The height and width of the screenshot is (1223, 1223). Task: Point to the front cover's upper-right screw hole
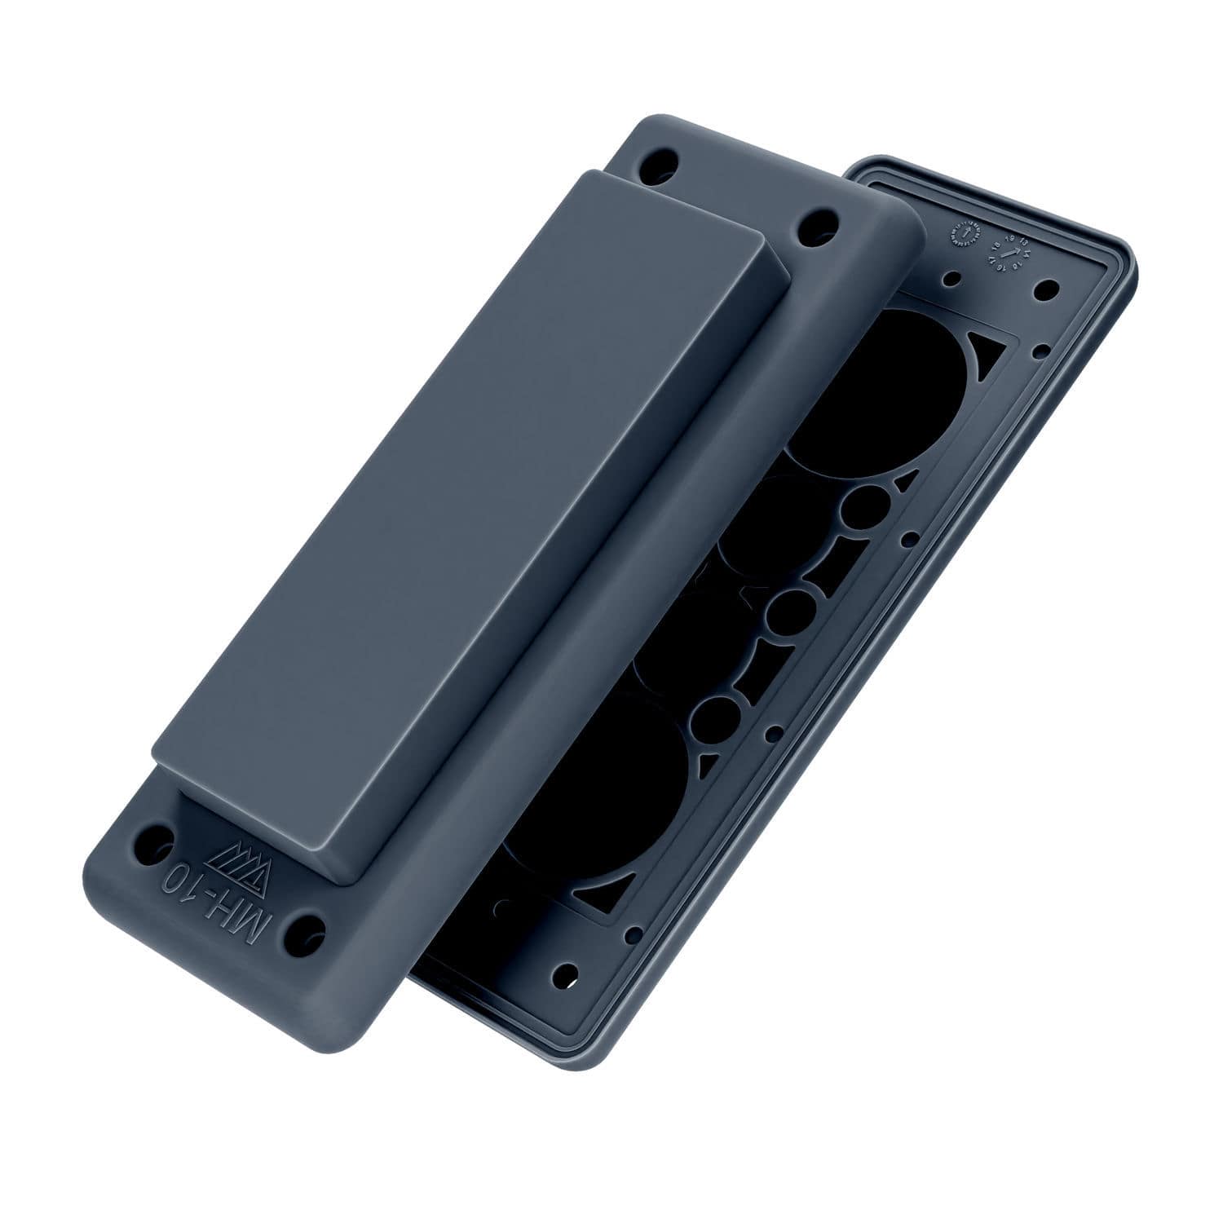[817, 223]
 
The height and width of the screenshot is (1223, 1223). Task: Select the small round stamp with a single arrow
[965, 234]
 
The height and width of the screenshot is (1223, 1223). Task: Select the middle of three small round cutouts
[786, 610]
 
